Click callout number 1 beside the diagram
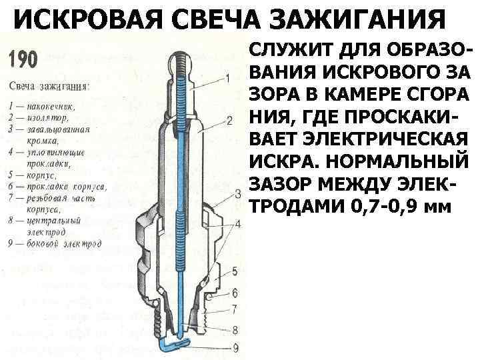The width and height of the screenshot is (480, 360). coord(229,78)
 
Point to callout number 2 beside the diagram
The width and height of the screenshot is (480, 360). coord(229,121)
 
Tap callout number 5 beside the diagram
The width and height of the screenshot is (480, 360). coord(234,271)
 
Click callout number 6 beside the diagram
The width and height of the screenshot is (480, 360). coord(235,293)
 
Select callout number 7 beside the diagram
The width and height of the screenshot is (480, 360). coord(234,309)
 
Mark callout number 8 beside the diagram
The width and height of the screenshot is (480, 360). coord(234,329)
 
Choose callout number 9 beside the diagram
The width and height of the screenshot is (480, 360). coord(234,346)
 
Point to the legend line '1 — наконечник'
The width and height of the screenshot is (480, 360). coord(43,105)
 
